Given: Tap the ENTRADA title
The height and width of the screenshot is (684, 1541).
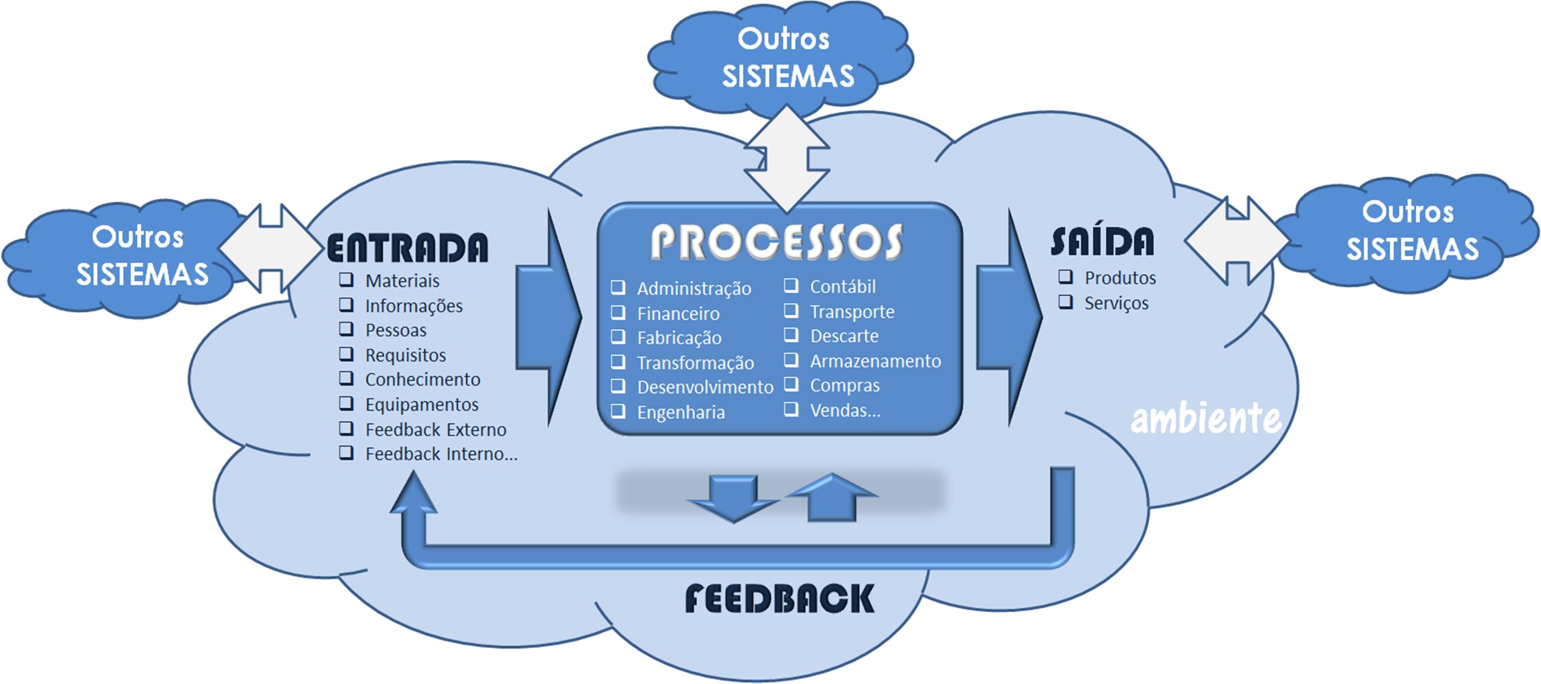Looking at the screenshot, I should [x=407, y=248].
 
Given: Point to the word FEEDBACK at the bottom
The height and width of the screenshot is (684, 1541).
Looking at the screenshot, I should [x=779, y=599].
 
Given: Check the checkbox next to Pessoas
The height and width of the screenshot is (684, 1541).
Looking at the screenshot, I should [x=346, y=329].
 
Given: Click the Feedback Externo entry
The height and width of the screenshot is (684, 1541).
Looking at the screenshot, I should [x=435, y=429].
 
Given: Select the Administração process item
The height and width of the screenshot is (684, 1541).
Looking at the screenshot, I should [x=693, y=289].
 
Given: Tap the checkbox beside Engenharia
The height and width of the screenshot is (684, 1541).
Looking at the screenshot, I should [x=618, y=411].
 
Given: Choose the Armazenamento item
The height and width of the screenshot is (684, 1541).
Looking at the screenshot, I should [x=875, y=361].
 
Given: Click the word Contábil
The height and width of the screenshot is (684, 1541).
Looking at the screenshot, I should [x=842, y=287].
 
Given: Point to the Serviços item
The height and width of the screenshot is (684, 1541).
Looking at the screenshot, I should [x=1116, y=303].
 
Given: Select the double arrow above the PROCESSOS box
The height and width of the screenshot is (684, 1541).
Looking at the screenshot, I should [x=787, y=159].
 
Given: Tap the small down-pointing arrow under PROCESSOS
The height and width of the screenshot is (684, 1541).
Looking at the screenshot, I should [x=733, y=497].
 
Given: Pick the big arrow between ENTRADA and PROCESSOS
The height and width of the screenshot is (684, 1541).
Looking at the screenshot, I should [x=547, y=317].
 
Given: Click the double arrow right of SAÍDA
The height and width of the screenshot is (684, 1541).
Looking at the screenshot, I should [x=1236, y=240].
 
